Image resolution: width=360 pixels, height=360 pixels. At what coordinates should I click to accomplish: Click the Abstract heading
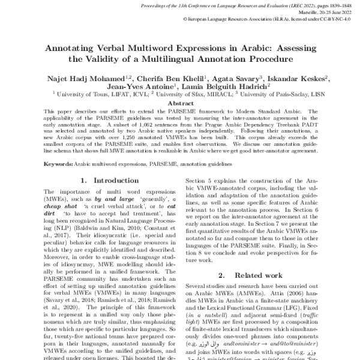click(x=180, y=103)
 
